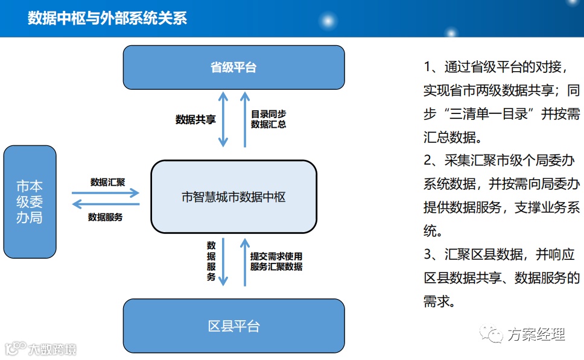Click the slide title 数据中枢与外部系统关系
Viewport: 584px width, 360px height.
pos(107,19)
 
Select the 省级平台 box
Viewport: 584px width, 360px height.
pos(233,67)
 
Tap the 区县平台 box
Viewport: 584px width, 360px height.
pos(233,326)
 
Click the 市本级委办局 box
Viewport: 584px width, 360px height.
pos(30,201)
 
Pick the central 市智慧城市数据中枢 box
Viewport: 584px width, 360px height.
pos(233,197)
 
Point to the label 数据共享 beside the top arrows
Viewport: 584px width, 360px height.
pos(195,119)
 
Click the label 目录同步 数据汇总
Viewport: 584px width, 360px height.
pos(268,119)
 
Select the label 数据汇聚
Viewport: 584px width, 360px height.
pos(107,182)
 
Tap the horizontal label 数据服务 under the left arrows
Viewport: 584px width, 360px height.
pos(105,216)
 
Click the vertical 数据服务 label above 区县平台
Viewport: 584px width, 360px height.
pos(211,261)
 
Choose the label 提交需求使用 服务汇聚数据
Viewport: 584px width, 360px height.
pos(276,261)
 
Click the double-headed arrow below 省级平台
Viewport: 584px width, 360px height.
pos(223,119)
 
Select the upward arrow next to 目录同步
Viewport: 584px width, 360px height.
pos(245,119)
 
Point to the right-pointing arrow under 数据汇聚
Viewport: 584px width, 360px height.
pos(106,193)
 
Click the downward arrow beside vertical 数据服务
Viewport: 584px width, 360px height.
pos(223,261)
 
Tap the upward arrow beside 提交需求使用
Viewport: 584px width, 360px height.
pos(245,261)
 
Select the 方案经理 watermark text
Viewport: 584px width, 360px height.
pos(536,334)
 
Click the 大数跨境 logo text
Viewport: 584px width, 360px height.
pos(52,349)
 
